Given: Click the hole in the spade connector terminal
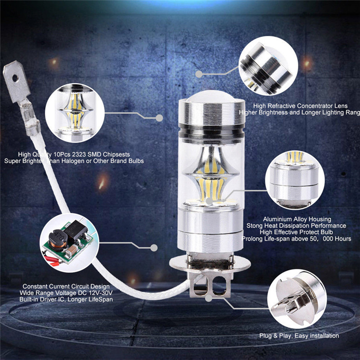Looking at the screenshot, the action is coord(15,78).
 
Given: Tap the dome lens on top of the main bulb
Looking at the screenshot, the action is coord(211,96).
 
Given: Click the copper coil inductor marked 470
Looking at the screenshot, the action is coord(58,240).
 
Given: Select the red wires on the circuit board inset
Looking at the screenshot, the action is coord(52,261).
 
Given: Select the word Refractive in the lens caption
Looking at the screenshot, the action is coord(281,106).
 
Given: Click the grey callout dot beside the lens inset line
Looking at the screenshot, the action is coord(199,74).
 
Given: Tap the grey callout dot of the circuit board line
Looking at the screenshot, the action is coord(154,248).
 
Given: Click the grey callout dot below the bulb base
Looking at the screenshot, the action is coord(208,298).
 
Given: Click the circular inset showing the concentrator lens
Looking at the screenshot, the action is coord(268,66).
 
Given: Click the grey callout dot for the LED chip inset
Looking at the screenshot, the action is coord(159,118).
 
